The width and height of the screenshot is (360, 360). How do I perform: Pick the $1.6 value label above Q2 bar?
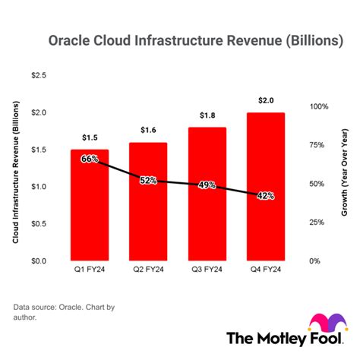pyautogui.click(x=147, y=130)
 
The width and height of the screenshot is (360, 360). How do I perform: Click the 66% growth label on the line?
pyautogui.click(x=90, y=159)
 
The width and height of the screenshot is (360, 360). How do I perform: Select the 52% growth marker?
pyautogui.click(x=147, y=180)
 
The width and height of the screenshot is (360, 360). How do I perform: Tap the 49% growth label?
pyautogui.click(x=207, y=185)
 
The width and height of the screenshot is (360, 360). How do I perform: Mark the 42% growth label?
pyautogui.click(x=265, y=195)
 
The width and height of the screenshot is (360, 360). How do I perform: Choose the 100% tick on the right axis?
pyautogui.click(x=319, y=106)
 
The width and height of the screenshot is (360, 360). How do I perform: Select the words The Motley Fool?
pyautogui.click(x=281, y=338)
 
